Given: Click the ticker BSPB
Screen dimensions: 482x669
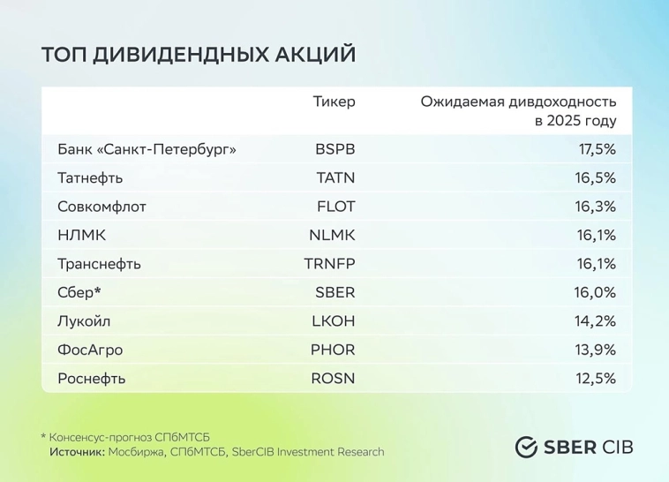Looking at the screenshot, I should (335, 149).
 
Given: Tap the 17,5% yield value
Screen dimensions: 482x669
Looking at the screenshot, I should (597, 149).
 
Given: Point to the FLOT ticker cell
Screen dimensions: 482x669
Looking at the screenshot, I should (335, 207).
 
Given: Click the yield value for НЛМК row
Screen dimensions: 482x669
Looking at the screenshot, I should (598, 236).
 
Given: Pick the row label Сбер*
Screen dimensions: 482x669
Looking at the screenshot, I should (80, 292).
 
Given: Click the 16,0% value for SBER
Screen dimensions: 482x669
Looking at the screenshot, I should (597, 292).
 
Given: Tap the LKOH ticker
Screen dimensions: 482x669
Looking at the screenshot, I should (333, 321).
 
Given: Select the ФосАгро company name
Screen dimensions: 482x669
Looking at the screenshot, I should (89, 350).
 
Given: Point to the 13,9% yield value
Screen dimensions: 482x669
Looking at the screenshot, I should (597, 350).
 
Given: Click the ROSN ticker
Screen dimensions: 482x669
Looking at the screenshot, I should (333, 379).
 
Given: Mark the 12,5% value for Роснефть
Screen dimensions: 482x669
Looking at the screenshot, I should (597, 379).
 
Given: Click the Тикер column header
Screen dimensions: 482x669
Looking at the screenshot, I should (334, 102).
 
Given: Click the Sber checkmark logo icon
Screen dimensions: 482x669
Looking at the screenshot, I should (527, 447).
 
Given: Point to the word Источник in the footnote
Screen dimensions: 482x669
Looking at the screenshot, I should (77, 452).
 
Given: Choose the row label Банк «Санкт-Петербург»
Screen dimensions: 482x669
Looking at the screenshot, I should (147, 149).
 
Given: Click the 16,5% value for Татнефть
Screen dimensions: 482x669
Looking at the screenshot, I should (597, 178).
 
